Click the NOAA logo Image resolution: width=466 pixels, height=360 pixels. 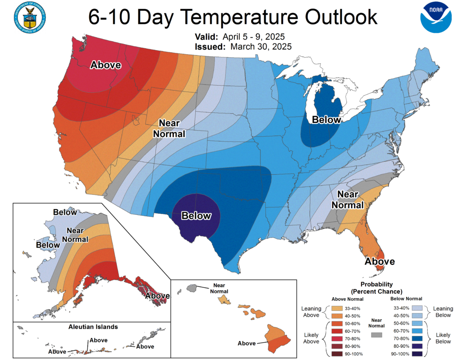pos(436,17)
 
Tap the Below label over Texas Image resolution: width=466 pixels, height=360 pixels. pos(196,216)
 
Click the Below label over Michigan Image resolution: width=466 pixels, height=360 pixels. pos(326,120)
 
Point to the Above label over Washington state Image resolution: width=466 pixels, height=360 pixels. pos(106,65)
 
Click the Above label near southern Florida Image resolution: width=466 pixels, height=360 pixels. pos(380,262)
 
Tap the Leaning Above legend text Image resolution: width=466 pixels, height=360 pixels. pos(311,312)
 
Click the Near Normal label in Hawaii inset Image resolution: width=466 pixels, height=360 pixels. pos(219,288)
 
